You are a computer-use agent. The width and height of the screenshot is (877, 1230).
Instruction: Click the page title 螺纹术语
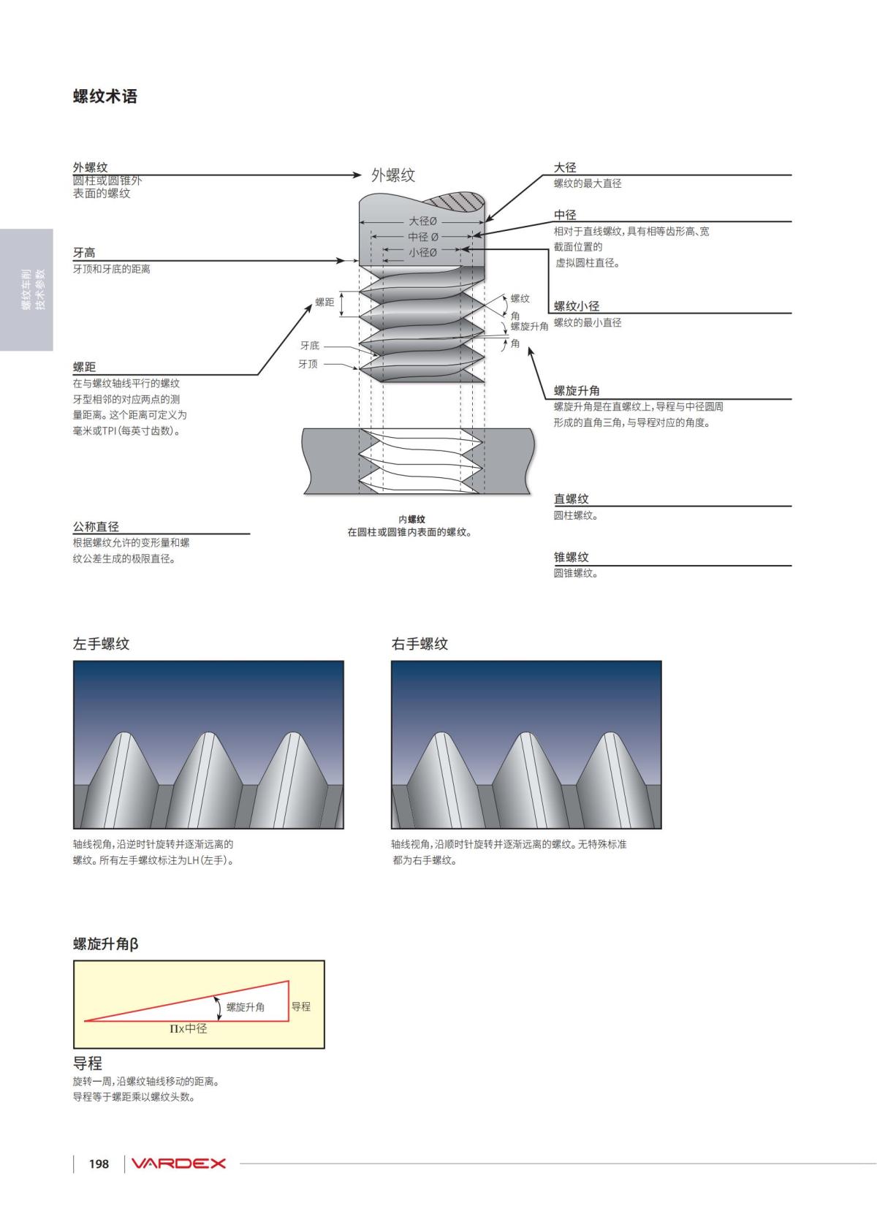click(105, 96)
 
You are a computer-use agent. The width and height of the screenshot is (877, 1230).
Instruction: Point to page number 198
click(99, 1164)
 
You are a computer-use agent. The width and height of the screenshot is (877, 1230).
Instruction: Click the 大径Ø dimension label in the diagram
click(422, 221)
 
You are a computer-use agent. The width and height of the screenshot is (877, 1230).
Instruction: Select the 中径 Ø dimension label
click(422, 237)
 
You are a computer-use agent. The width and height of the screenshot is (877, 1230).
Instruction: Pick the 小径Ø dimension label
click(422, 252)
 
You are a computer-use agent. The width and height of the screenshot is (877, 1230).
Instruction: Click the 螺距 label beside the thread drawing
click(324, 302)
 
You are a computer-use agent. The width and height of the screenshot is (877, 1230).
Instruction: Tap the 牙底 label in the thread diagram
click(310, 346)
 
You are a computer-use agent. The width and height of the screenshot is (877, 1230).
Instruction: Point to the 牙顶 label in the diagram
click(308, 364)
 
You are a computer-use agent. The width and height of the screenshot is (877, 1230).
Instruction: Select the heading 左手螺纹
click(102, 644)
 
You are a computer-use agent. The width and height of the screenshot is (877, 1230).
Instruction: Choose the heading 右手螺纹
click(419, 644)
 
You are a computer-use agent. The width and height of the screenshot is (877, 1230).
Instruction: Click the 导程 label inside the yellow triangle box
click(301, 1006)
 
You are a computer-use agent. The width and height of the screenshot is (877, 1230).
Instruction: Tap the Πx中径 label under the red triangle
click(189, 1028)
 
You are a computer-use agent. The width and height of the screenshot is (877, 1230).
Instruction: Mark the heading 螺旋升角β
click(106, 944)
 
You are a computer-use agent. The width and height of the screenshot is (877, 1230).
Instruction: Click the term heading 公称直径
click(96, 526)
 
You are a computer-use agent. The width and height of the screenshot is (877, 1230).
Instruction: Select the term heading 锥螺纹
click(571, 557)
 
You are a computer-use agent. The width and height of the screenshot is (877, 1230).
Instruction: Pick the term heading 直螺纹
click(571, 498)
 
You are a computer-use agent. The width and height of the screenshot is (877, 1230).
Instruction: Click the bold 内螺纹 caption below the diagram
click(411, 519)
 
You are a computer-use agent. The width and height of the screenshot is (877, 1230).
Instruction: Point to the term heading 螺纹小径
click(577, 306)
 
